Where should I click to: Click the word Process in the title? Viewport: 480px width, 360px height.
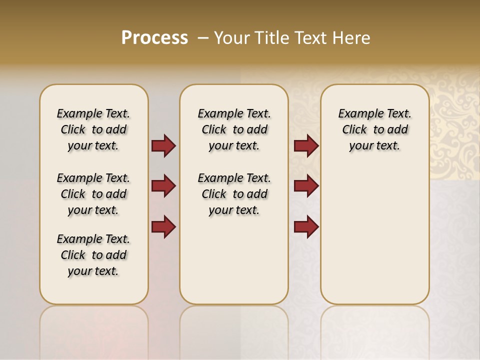154,38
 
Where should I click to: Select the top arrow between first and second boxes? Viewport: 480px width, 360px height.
163,146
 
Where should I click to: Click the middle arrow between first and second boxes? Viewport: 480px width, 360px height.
163,186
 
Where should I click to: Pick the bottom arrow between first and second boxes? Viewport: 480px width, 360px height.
163,227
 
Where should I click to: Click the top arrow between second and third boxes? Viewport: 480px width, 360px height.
306,146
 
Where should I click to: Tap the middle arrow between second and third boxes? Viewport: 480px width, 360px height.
306,186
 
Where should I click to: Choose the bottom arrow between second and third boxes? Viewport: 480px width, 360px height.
306,227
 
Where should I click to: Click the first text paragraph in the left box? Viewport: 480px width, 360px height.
93,129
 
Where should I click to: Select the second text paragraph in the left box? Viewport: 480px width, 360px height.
93,194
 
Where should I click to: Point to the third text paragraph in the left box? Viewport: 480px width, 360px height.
93,255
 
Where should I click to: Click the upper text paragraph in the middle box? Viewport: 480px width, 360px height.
234,129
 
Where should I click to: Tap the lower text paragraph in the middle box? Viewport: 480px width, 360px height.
234,194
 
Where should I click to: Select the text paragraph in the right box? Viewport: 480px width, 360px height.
374,129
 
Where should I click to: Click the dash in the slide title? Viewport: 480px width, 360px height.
203,38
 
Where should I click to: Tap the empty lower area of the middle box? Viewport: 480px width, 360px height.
234,260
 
